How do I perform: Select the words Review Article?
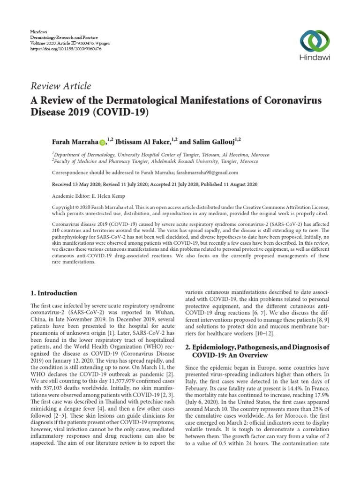pos(60,86)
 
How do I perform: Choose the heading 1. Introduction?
pos(53,293)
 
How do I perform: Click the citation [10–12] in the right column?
pos(271,333)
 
